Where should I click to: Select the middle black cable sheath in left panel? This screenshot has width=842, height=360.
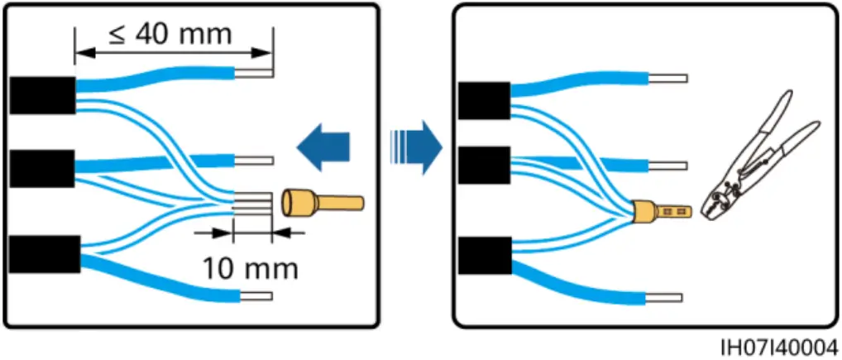tap(42, 169)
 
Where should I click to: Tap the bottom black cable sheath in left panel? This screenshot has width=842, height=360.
tap(44, 254)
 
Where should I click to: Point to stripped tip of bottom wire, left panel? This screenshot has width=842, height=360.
tap(256, 295)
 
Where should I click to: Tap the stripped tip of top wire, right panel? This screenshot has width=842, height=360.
tap(669, 80)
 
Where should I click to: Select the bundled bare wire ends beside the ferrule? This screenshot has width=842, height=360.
tap(251, 203)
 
